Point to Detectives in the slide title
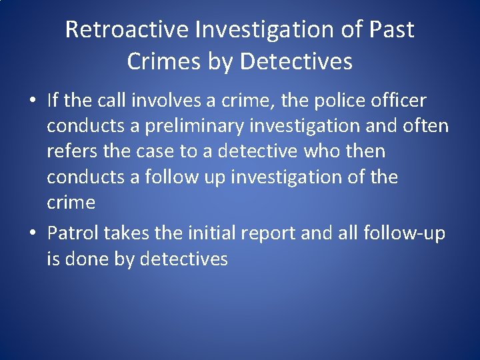(x=296, y=61)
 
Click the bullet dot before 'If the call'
(x=32, y=101)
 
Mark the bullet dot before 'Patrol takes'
(x=32, y=233)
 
